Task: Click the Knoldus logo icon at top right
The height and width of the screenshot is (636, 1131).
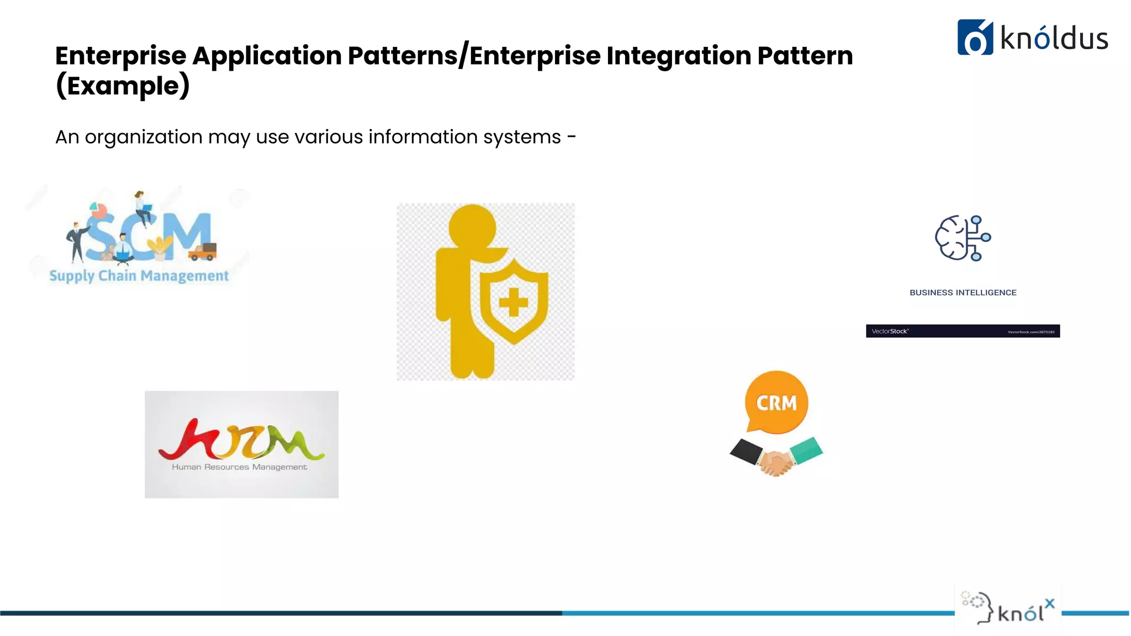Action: click(x=975, y=38)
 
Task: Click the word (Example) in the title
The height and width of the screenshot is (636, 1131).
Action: click(x=123, y=86)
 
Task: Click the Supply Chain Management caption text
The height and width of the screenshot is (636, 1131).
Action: click(x=139, y=275)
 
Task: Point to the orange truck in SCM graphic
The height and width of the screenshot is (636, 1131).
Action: click(x=202, y=252)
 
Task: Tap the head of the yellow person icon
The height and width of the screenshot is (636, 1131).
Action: click(x=472, y=227)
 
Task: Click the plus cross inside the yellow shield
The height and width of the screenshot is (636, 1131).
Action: click(x=513, y=303)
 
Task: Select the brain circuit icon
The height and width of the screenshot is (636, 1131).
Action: click(x=963, y=238)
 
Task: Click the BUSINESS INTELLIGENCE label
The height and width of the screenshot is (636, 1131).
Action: click(x=963, y=293)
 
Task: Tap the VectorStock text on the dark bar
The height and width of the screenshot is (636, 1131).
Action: click(x=889, y=331)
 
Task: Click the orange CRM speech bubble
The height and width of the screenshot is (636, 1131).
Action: click(x=776, y=402)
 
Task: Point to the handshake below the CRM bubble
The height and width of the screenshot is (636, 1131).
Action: click(x=775, y=458)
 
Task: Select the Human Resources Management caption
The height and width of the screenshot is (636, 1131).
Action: click(x=239, y=467)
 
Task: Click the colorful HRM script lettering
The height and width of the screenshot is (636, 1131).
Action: click(x=241, y=440)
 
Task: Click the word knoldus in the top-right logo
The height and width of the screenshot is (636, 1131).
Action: click(x=1054, y=39)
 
